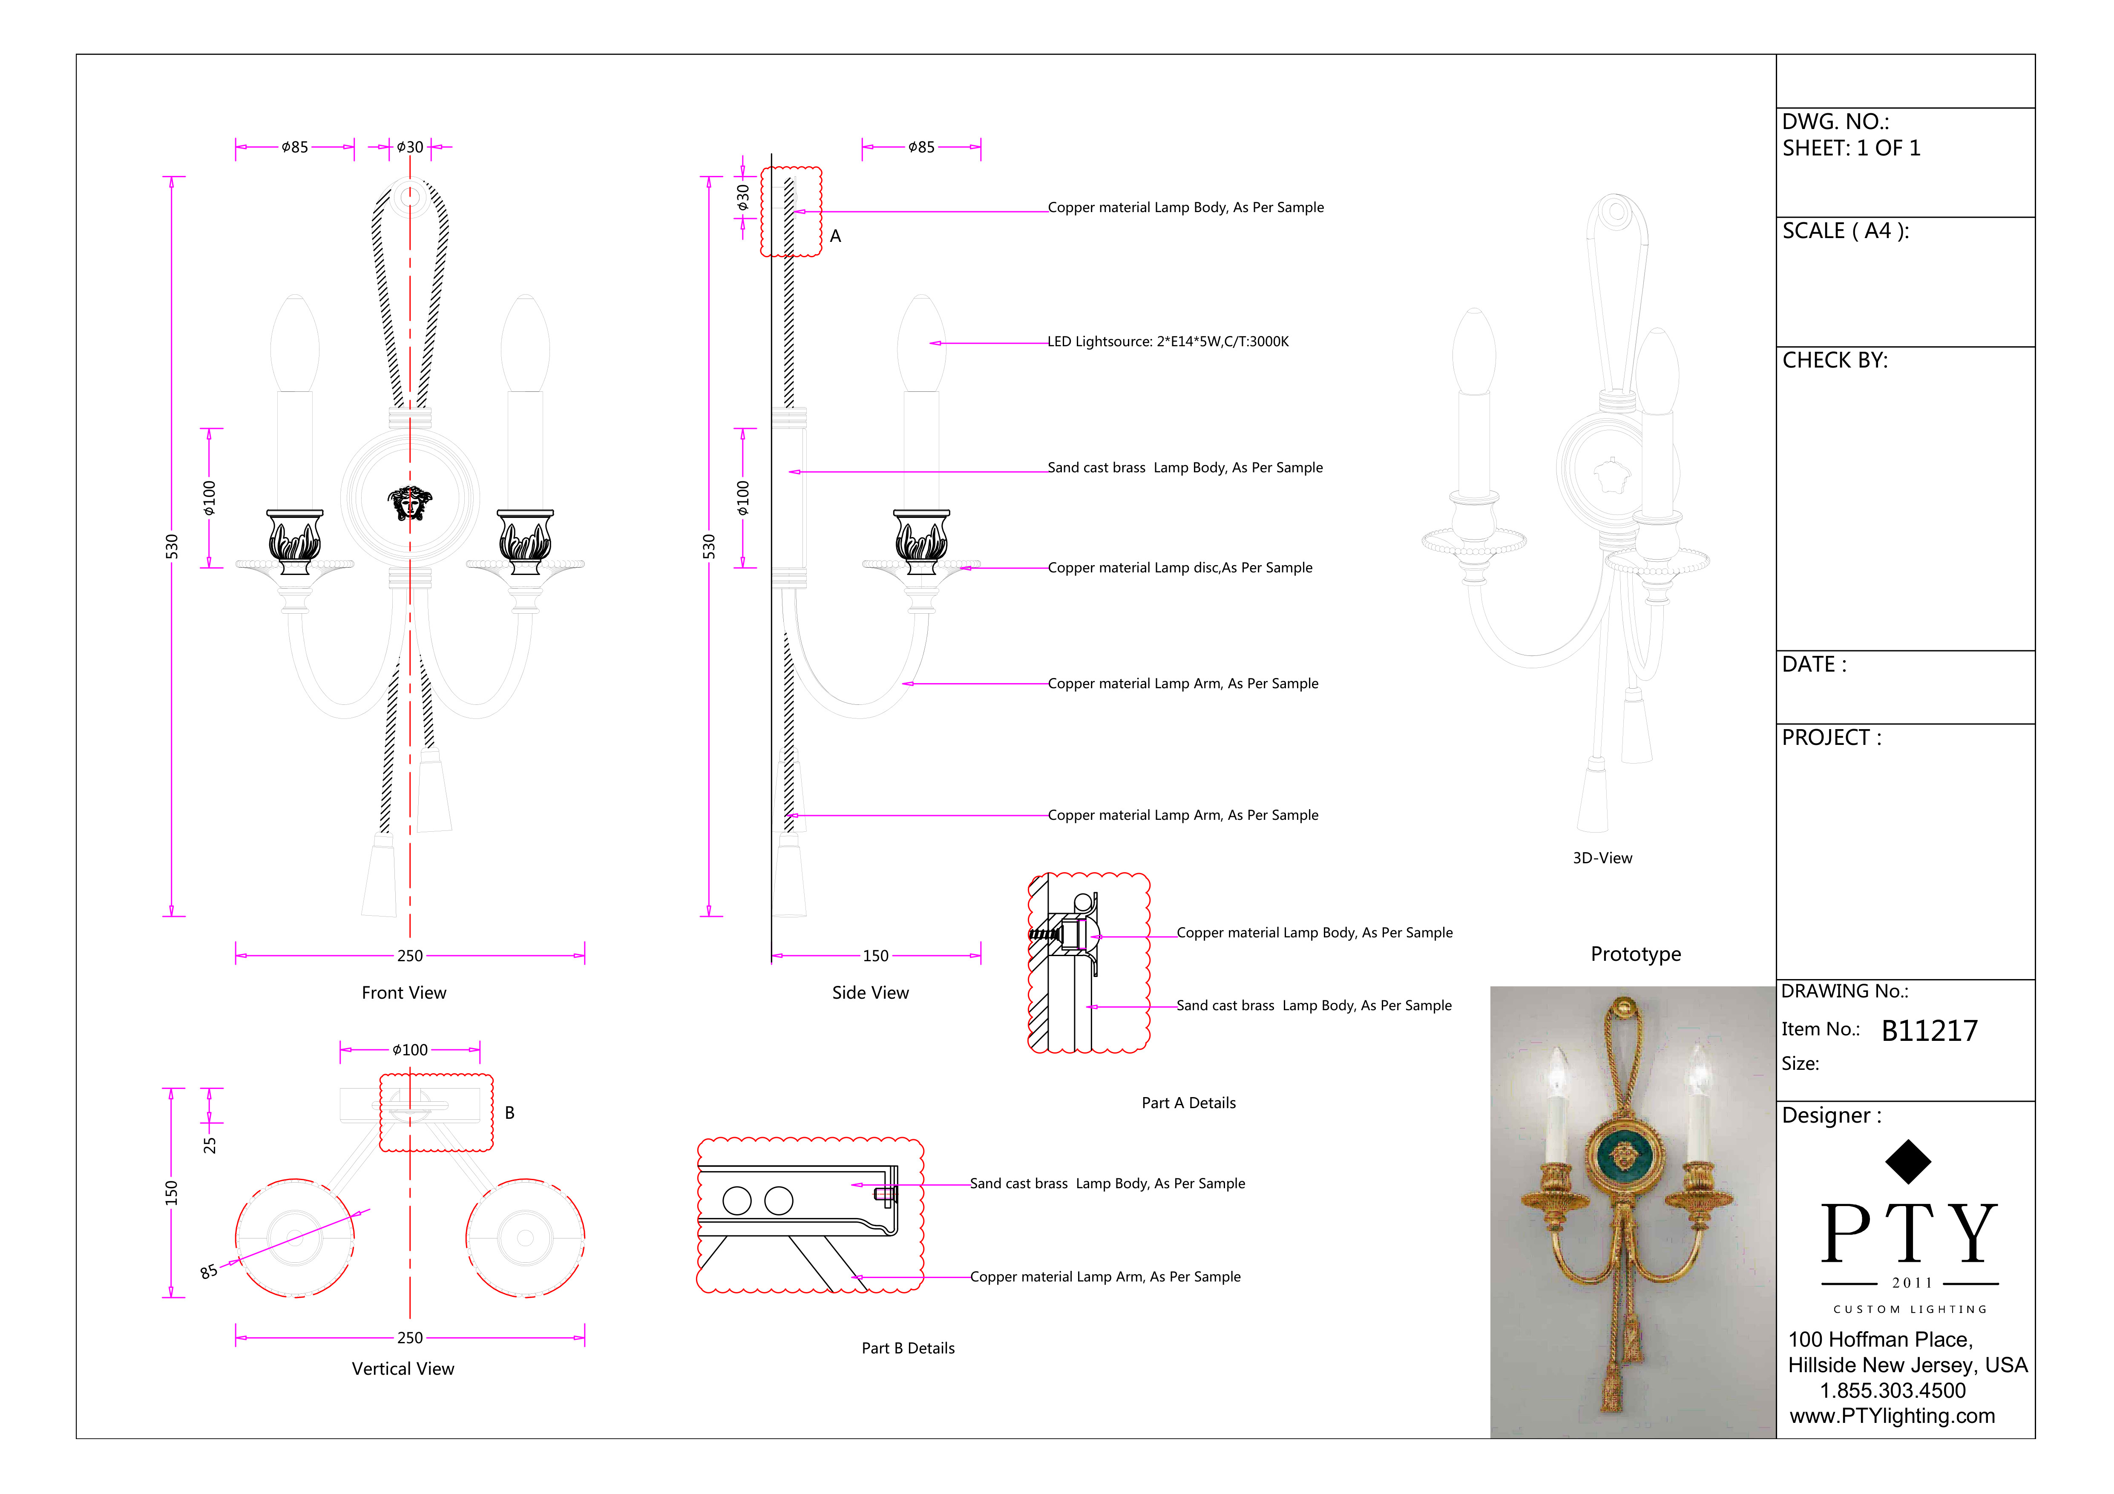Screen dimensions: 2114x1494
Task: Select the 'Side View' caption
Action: [870, 993]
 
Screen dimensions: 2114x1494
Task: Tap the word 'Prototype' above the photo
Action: [1635, 954]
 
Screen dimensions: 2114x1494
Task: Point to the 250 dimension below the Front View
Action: [410, 957]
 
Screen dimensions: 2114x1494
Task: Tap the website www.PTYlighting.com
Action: [1892, 1416]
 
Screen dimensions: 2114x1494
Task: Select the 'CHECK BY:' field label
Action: [1834, 361]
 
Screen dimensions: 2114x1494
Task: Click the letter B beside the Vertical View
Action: [509, 1113]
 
